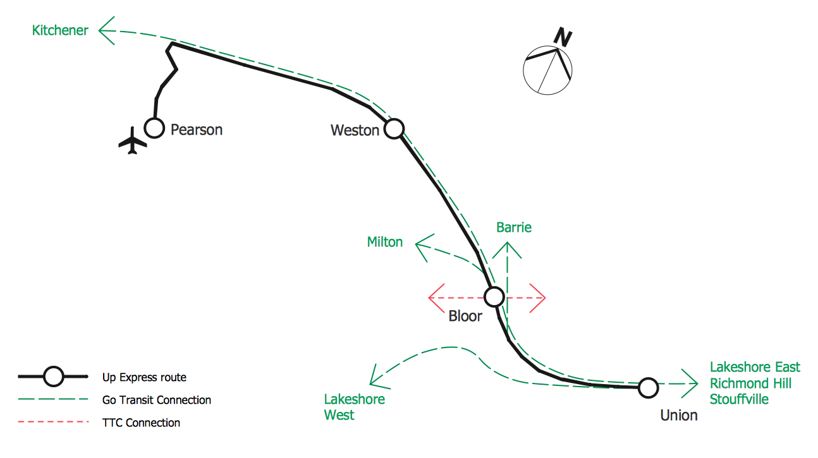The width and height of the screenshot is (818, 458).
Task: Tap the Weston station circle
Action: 394,129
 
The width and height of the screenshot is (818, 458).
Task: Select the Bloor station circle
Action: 494,296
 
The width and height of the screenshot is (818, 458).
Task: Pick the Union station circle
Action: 648,387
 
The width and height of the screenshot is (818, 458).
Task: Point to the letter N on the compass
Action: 562,37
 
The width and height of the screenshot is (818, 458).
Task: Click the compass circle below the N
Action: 547,70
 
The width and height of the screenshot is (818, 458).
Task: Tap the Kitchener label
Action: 61,30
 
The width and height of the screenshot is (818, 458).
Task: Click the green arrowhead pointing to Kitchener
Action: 107,30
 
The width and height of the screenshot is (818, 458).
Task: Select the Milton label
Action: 385,242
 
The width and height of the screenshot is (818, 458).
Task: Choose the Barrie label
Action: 514,227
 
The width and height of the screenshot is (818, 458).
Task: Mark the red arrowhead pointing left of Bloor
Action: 436,297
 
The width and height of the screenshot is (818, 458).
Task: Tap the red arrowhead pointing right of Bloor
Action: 538,297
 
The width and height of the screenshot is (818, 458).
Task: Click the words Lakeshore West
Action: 354,407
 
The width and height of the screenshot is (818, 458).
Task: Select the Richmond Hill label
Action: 750,383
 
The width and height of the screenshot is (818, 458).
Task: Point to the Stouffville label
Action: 739,399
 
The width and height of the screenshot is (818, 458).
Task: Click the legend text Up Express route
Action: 144,378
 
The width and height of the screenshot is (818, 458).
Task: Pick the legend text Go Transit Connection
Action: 156,400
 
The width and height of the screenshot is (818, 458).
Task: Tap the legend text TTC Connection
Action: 141,423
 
